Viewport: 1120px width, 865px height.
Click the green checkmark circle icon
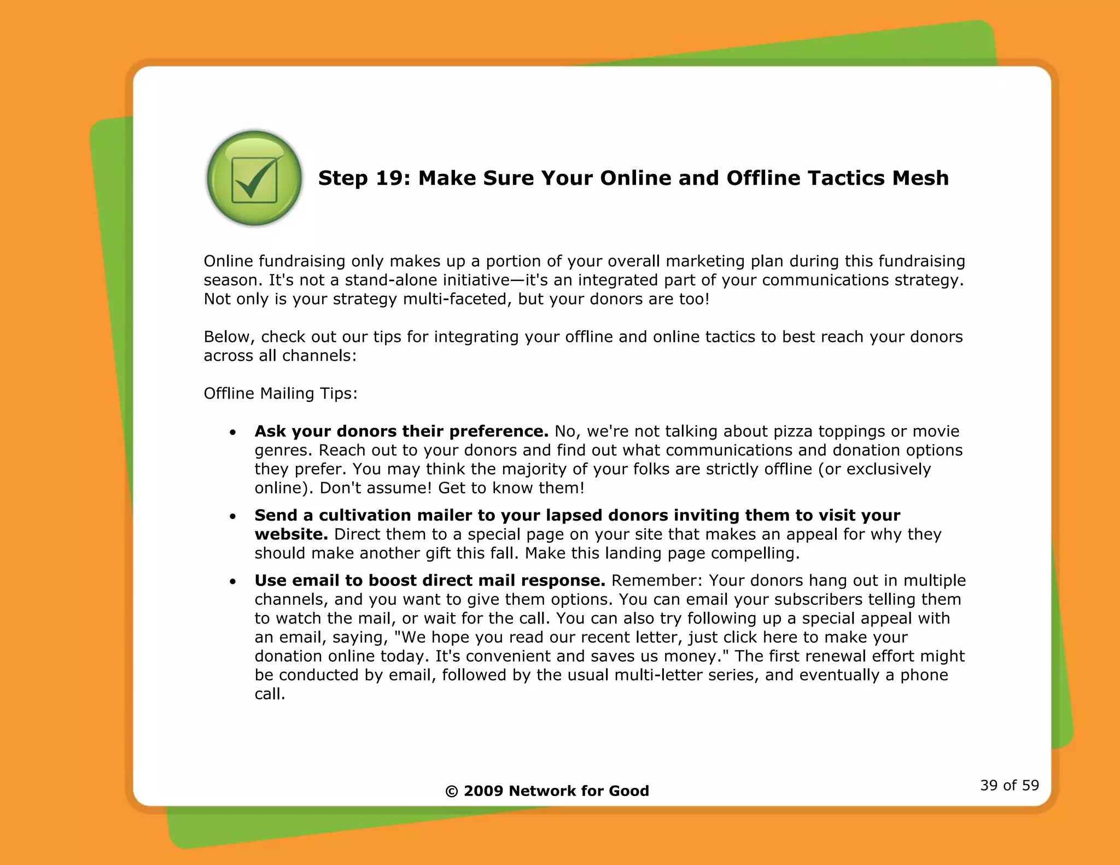point(254,178)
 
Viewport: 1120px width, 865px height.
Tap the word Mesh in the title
point(920,178)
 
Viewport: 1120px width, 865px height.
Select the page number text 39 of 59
point(1009,785)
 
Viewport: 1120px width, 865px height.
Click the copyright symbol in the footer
point(451,791)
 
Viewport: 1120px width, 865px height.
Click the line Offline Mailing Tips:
point(281,393)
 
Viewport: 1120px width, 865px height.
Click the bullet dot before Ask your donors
point(233,432)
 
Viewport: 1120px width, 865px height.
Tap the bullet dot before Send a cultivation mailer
point(233,516)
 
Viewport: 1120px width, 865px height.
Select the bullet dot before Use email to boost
point(233,581)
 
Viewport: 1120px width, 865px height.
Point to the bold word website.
point(291,534)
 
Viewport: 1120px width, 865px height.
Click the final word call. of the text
point(270,694)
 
